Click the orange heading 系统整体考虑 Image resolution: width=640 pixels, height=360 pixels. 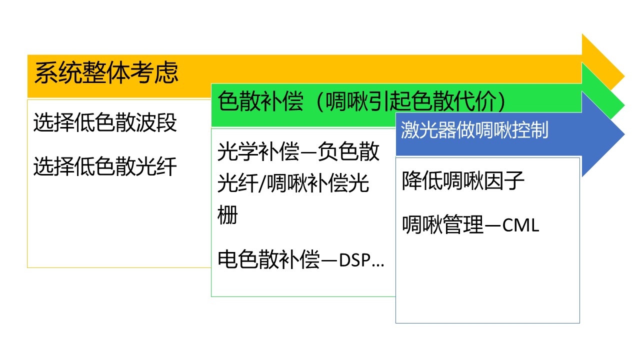coord(106,72)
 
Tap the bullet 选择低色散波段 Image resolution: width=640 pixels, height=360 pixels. coord(105,122)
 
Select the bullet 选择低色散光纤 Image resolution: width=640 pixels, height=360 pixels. coord(105,166)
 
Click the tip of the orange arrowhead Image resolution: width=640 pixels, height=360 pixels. coord(624,76)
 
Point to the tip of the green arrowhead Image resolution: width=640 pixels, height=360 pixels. coord(624,105)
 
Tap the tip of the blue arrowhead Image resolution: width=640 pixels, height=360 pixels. coord(624,134)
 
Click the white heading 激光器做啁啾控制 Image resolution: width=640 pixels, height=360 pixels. coord(474,130)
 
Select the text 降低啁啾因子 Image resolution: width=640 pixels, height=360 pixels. coord(463,180)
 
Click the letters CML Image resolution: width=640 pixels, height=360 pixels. coord(520,225)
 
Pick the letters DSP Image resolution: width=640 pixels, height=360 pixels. coord(355,260)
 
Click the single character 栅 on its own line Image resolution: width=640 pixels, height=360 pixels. coord(227,215)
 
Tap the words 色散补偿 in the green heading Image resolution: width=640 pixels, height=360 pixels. coord(260,101)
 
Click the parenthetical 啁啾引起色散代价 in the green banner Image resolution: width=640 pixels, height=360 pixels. coord(411,101)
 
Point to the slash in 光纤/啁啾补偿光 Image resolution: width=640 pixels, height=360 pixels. coord(262,183)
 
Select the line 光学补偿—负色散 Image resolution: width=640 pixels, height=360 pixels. coord(298,151)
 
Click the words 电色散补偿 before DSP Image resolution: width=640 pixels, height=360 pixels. coord(268,259)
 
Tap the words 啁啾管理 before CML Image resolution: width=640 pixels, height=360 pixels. coord(442,225)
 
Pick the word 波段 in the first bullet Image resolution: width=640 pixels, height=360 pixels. coord(156,122)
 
